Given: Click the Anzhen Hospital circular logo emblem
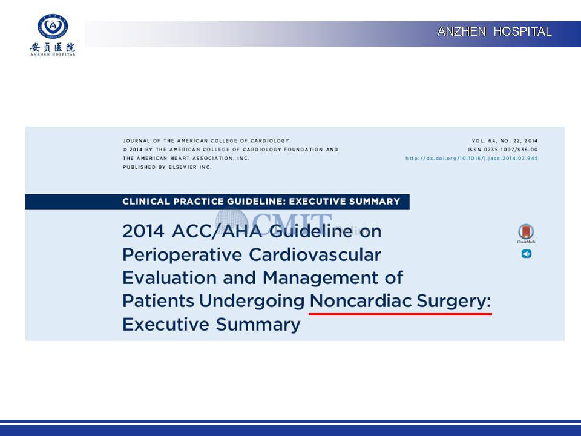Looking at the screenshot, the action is point(53,26).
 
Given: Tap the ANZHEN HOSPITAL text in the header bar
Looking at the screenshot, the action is point(494,31).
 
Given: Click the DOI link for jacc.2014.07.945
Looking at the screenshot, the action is point(471,158).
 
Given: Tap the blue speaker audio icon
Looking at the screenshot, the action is point(527,254).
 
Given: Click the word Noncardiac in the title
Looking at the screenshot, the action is point(361,301).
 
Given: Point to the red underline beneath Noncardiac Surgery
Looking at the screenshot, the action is point(400,314).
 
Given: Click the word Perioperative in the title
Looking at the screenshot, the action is point(182,256).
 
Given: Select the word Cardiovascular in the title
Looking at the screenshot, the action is point(315,255).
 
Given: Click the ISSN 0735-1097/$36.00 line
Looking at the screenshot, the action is point(502,150).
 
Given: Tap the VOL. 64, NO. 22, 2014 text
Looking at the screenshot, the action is point(504,141).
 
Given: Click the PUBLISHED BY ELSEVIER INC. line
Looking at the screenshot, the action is point(167,167).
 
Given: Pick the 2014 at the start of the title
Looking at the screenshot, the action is point(143,231).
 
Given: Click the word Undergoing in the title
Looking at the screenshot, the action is point(252,302).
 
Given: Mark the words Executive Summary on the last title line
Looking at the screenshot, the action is point(211,325).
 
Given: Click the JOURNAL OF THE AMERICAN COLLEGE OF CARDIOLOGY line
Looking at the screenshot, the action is point(206,141).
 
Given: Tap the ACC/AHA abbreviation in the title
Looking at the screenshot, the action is point(217,231).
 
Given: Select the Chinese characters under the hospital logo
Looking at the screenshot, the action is point(53,47).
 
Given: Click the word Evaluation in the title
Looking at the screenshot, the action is point(169,278).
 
